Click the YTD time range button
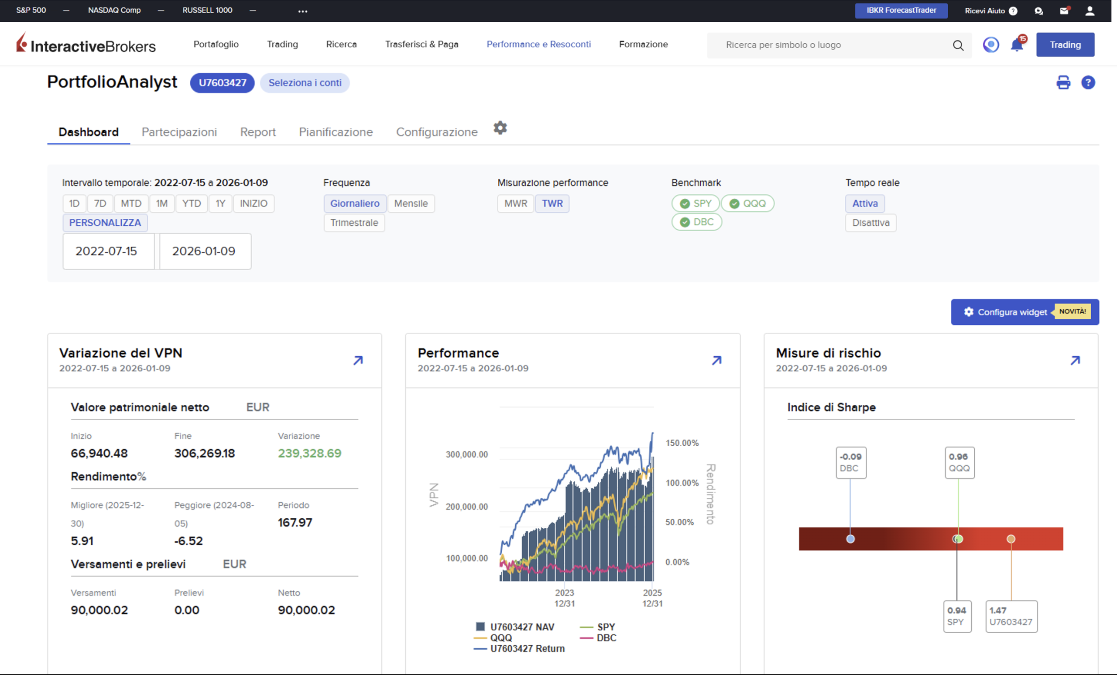pos(191,203)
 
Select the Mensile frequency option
pos(411,203)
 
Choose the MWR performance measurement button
pos(515,203)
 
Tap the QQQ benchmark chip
pos(747,203)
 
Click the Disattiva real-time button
pos(870,223)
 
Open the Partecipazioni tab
pos(179,132)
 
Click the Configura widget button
pos(1024,312)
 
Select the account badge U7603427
pos(222,83)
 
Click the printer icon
pos(1063,83)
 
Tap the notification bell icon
pos(1017,45)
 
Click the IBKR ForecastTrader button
pos(901,10)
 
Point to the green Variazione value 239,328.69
pos(310,453)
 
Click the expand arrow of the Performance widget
pos(717,360)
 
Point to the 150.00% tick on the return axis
pos(682,443)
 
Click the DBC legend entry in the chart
pos(598,638)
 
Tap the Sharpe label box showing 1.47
pos(1011,616)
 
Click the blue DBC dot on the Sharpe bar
pos(850,539)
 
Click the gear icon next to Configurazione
pos(500,128)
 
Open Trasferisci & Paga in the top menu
pos(421,44)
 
